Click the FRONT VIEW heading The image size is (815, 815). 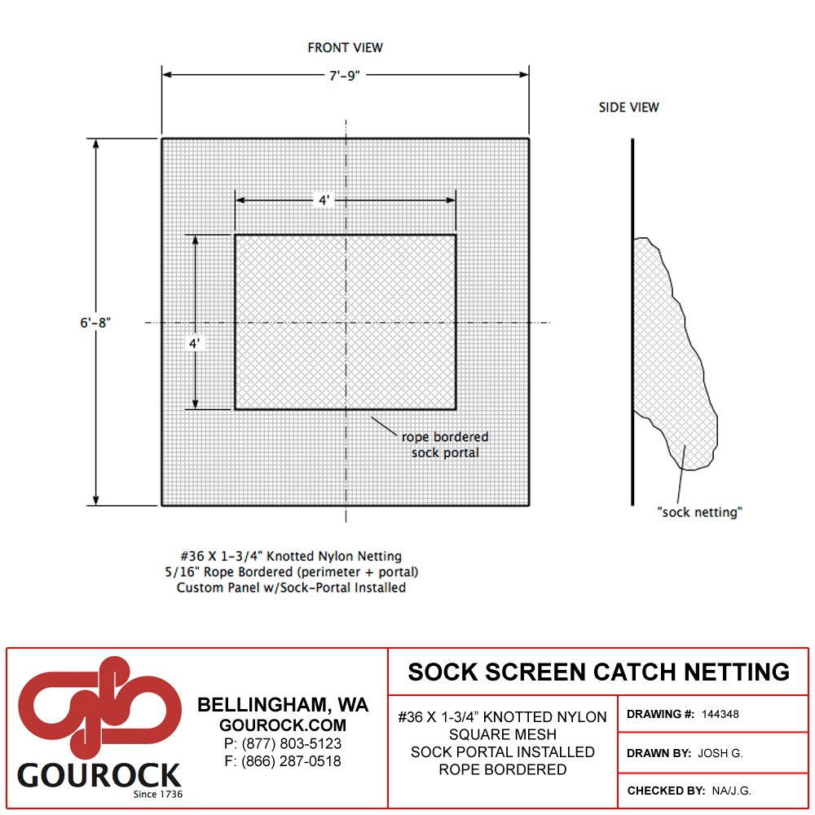click(345, 48)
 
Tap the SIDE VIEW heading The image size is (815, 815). click(628, 108)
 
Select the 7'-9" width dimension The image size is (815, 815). click(345, 76)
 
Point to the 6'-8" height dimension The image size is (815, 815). click(95, 323)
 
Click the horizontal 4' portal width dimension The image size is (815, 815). click(324, 200)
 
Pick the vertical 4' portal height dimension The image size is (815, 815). click(194, 344)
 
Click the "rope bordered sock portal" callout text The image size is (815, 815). click(445, 445)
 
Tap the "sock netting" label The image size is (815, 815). click(699, 513)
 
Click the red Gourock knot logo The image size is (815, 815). click(99, 707)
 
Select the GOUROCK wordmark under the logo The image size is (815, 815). click(99, 776)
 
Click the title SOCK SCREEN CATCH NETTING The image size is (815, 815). click(599, 672)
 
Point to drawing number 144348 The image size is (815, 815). click(720, 714)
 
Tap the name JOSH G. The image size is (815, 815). click(720, 753)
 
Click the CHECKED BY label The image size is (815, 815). click(667, 791)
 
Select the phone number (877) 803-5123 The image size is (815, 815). click(292, 744)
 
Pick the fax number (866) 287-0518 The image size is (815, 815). click(291, 761)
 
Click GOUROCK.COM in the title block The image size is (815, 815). click(283, 725)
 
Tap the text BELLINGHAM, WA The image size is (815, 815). click(283, 705)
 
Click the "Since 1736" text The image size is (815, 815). click(158, 794)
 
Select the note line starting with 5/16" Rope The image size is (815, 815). click(292, 572)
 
